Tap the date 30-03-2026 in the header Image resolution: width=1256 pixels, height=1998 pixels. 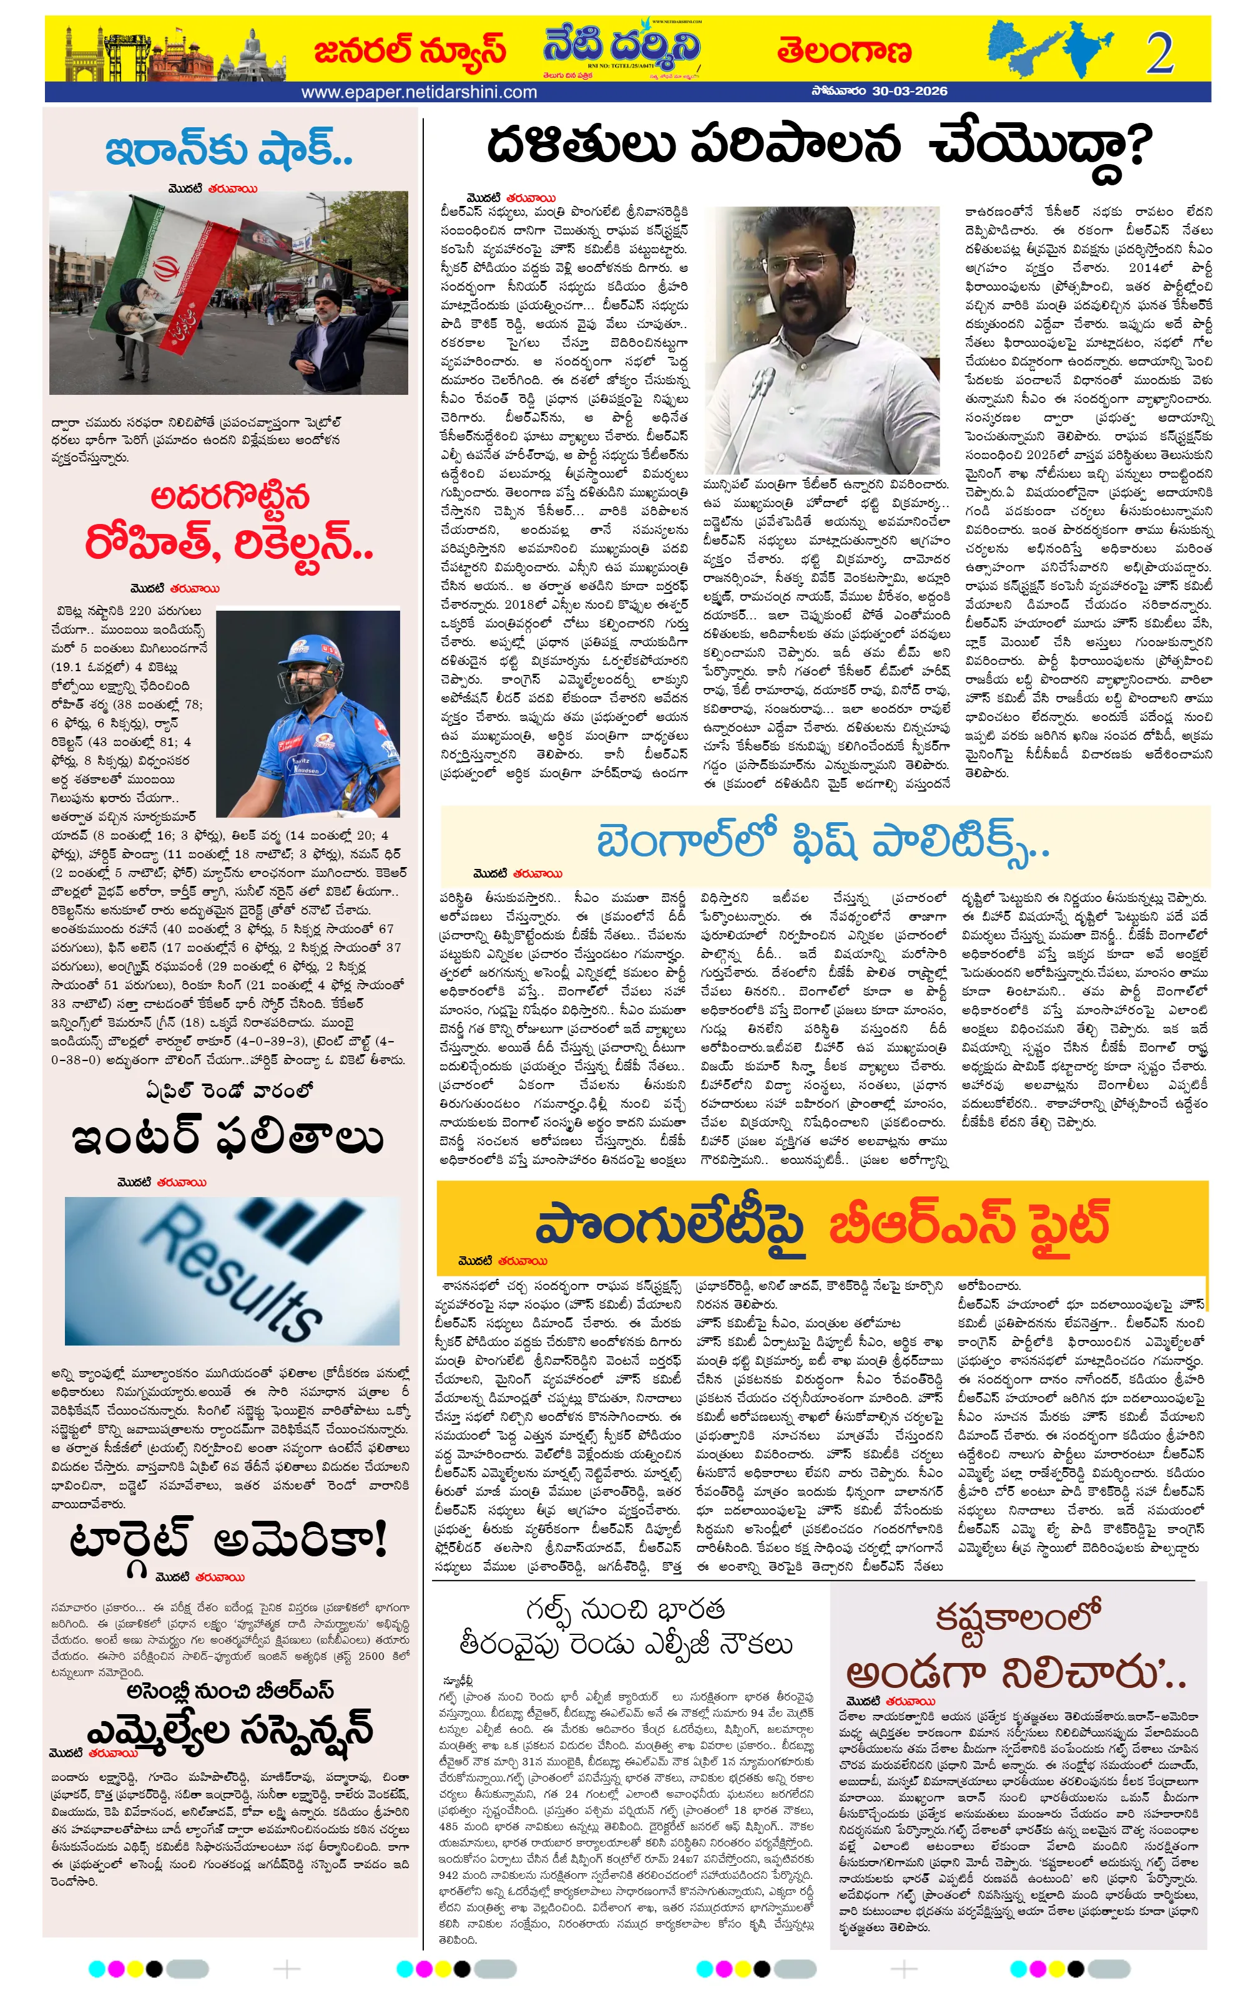coord(909,91)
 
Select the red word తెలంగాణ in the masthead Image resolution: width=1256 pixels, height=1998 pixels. coord(844,51)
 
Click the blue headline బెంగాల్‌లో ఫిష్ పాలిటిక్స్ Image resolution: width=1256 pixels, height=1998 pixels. coord(822,841)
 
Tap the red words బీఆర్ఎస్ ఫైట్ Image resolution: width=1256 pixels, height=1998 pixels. coord(969,1224)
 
